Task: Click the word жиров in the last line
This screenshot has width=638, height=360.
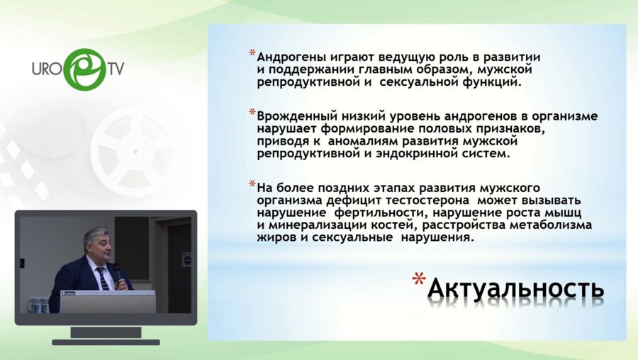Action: pyautogui.click(x=275, y=238)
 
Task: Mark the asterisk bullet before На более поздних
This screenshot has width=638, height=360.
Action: pyautogui.click(x=252, y=186)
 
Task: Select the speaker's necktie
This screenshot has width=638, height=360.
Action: pyautogui.click(x=103, y=277)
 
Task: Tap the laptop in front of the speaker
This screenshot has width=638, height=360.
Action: pyautogui.click(x=107, y=301)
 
